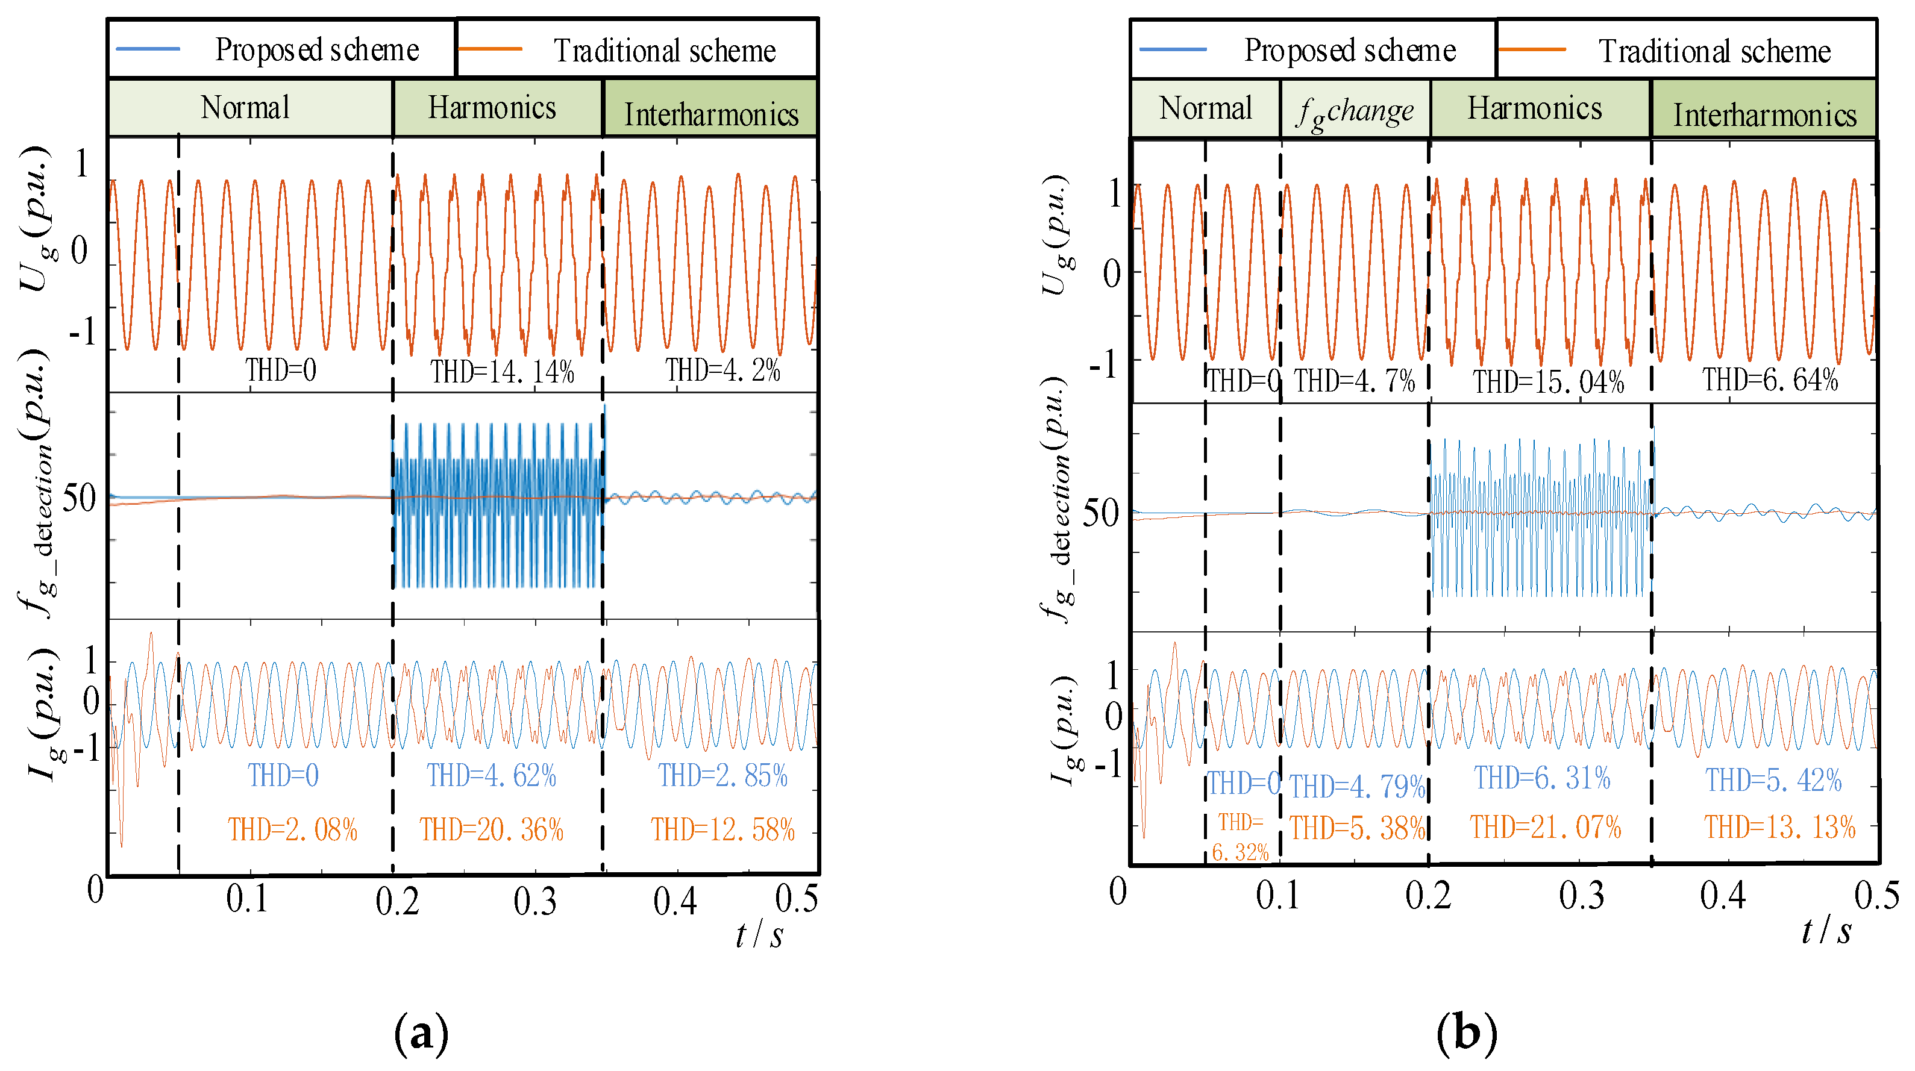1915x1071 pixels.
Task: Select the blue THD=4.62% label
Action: coord(491,776)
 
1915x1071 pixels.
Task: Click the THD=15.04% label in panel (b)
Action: coord(1549,382)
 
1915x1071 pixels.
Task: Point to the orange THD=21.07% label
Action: coord(1545,827)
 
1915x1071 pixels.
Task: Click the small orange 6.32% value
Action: coord(1240,852)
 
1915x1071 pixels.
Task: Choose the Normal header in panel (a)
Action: coord(245,108)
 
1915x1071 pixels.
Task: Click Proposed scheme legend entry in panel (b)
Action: coord(1349,51)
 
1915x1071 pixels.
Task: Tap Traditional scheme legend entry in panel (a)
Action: coord(664,51)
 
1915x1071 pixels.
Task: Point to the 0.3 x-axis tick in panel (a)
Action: coord(534,901)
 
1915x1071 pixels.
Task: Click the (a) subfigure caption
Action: coord(422,1033)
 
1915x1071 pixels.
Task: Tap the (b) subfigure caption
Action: coord(1466,1033)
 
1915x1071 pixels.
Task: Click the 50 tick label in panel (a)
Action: coord(79,499)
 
